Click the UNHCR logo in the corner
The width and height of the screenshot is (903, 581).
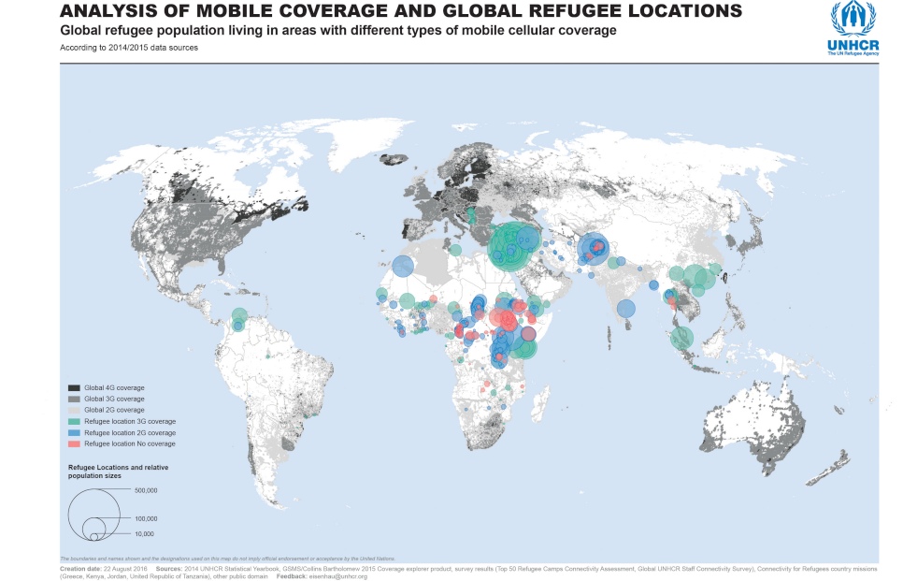852,28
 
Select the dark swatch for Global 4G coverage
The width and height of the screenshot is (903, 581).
73,387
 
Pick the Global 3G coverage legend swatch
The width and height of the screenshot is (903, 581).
73,399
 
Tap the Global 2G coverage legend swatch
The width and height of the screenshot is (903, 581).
73,410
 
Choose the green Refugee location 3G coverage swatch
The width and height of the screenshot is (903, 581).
73,422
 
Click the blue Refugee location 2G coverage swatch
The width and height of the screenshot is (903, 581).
73,433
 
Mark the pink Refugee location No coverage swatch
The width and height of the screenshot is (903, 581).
73,444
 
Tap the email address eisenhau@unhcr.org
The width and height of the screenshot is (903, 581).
341,576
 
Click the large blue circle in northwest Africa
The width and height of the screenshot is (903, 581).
403,267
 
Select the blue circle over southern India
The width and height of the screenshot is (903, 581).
626,308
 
